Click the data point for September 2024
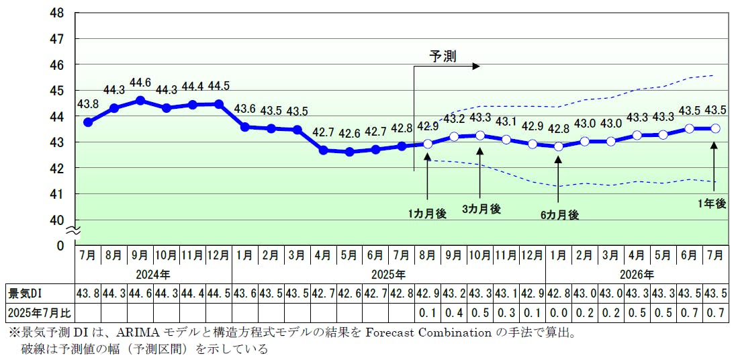pyautogui.click(x=140, y=100)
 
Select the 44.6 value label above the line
pyautogui.click(x=140, y=83)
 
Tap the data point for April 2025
pyautogui.click(x=323, y=150)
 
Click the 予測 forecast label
pyautogui.click(x=443, y=56)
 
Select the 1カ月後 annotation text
pyautogui.click(x=427, y=214)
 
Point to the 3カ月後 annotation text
pyautogui.click(x=481, y=209)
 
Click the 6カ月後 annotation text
pyautogui.click(x=559, y=215)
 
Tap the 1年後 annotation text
pyautogui.click(x=712, y=203)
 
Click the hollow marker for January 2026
pyautogui.click(x=559, y=146)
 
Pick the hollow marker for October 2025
pyautogui.click(x=480, y=135)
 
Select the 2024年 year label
pyautogui.click(x=153, y=274)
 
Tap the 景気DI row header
pyautogui.click(x=24, y=294)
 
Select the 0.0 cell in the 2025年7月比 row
pyautogui.click(x=559, y=313)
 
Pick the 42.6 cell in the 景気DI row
pyautogui.click(x=349, y=294)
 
